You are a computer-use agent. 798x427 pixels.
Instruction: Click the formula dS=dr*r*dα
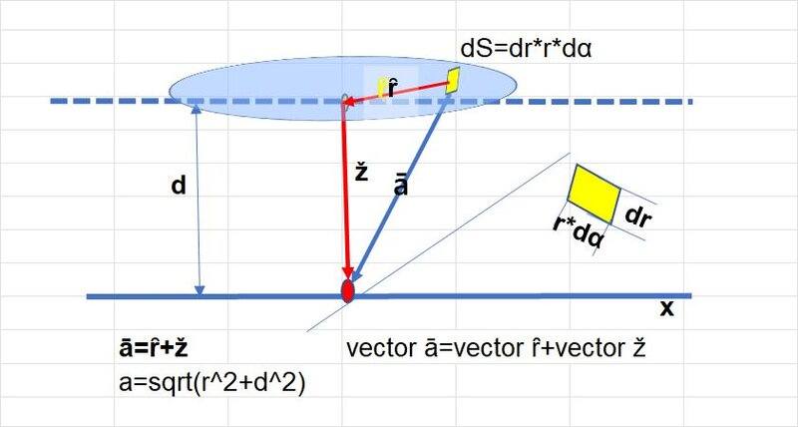click(x=526, y=49)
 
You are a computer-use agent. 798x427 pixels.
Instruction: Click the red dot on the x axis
click(x=347, y=291)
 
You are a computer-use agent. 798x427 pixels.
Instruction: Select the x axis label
click(x=666, y=308)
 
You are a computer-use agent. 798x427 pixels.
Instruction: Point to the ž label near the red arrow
click(x=361, y=173)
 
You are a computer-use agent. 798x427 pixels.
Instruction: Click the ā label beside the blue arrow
click(x=401, y=186)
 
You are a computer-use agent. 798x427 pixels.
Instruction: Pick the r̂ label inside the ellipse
click(x=391, y=88)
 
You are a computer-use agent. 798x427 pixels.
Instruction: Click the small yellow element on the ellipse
click(x=453, y=81)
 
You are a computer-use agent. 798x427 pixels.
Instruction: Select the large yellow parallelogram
click(x=594, y=194)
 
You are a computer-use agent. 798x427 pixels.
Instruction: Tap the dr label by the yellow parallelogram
click(x=638, y=215)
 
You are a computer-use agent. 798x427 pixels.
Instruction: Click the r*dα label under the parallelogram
click(x=580, y=232)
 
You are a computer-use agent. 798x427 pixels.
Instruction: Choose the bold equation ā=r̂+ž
click(x=154, y=348)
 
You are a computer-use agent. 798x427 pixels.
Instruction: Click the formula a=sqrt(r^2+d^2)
click(x=212, y=383)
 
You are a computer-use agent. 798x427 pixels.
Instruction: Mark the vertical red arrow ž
click(x=346, y=190)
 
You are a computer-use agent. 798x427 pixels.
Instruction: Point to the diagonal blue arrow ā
click(x=400, y=189)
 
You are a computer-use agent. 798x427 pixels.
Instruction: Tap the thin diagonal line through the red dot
click(x=438, y=242)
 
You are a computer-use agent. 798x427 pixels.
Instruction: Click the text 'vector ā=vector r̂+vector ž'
click(x=496, y=348)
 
